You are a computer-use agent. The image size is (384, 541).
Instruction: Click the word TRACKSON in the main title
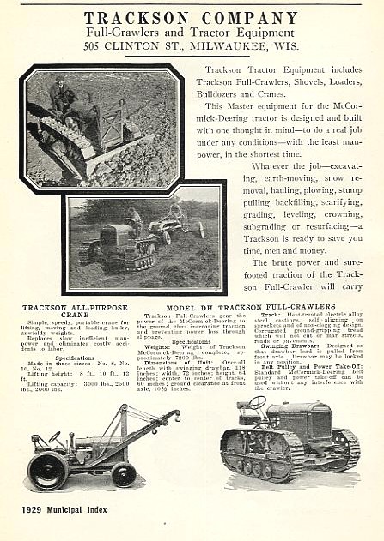[x=137, y=17]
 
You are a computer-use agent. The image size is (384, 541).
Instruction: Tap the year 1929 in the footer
[x=37, y=510]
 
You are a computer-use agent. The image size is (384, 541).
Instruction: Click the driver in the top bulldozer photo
[x=61, y=93]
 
